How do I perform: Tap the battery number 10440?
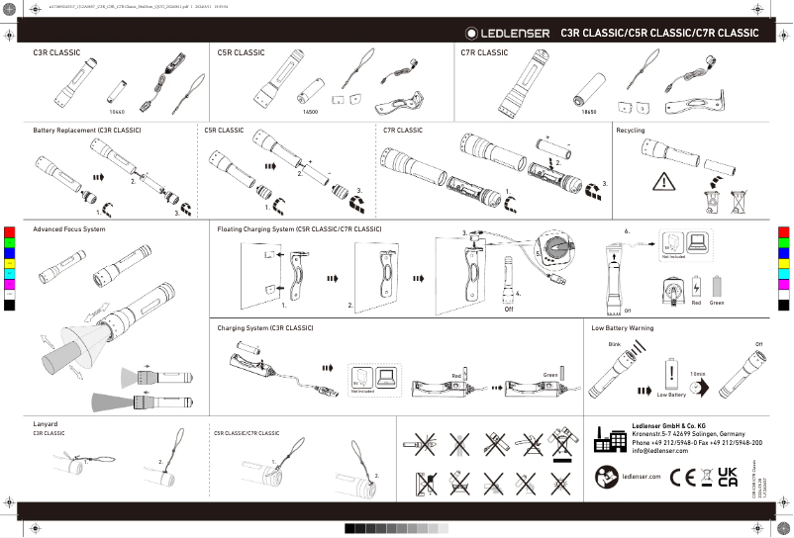[x=116, y=113]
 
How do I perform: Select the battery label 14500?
[x=310, y=113]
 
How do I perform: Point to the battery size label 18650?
[x=589, y=113]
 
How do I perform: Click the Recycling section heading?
[x=632, y=131]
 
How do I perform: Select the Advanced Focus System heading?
[x=69, y=229]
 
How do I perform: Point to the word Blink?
[x=614, y=343]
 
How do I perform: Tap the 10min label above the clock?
[x=697, y=374]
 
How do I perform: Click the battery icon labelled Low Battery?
[x=672, y=374]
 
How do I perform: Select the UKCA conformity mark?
[x=728, y=477]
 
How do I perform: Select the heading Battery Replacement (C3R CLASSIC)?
[x=87, y=131]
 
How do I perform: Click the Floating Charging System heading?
[x=299, y=229]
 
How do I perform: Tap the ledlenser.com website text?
[x=641, y=477]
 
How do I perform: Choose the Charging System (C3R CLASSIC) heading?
[x=265, y=327]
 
